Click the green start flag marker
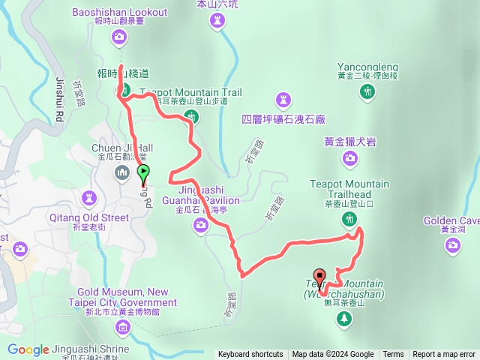click(143, 172)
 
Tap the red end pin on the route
click(319, 277)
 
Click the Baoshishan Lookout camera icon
click(120, 37)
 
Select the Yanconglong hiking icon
click(367, 91)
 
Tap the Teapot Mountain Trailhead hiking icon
click(349, 219)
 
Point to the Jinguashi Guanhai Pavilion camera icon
click(200, 225)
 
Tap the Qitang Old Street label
click(91, 217)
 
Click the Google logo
click(28, 349)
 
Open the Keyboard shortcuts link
click(250, 355)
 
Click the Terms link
click(393, 355)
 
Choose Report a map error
click(443, 355)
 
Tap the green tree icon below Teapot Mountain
click(344, 319)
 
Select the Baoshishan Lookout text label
click(121, 12)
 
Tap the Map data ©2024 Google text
click(333, 355)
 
